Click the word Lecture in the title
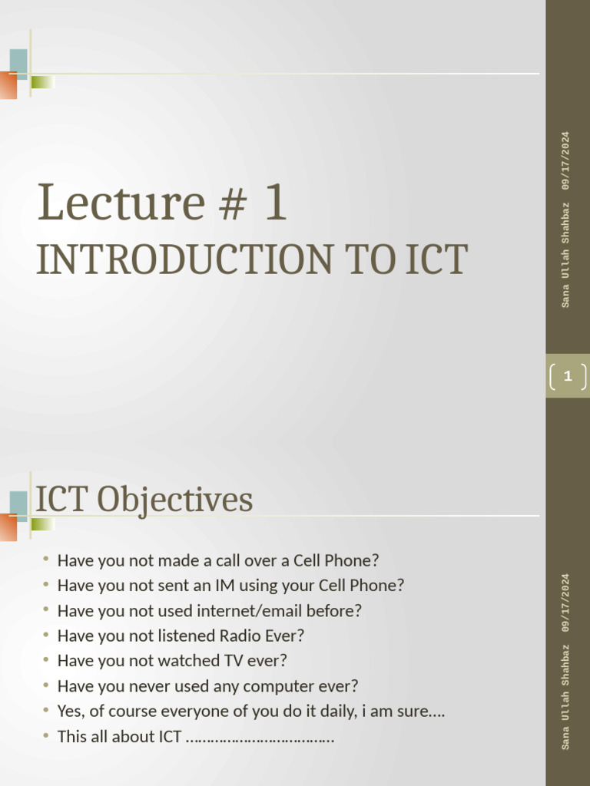click(x=120, y=203)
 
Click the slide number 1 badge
click(x=567, y=376)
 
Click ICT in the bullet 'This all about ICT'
click(x=170, y=737)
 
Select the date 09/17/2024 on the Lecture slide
click(x=566, y=160)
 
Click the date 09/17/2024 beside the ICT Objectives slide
click(x=566, y=602)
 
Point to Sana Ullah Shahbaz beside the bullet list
click(x=566, y=696)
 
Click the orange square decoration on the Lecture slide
click(x=8, y=85)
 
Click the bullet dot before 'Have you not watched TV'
click(x=46, y=660)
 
